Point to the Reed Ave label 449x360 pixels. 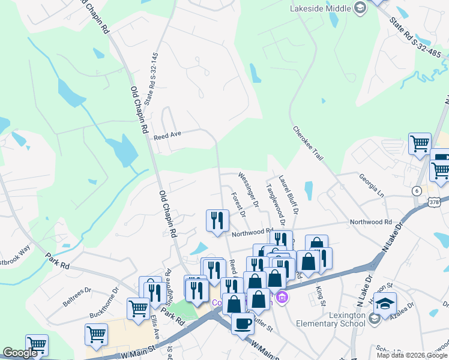[167, 136]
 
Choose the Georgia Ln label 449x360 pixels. [371, 185]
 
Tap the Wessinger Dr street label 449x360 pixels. [248, 190]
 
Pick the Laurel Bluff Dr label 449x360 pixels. [288, 194]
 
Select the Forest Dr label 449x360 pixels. [239, 204]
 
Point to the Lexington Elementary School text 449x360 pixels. [330, 319]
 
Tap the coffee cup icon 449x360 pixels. [243, 324]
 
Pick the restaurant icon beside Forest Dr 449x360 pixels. [217, 220]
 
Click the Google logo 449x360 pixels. [20, 353]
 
